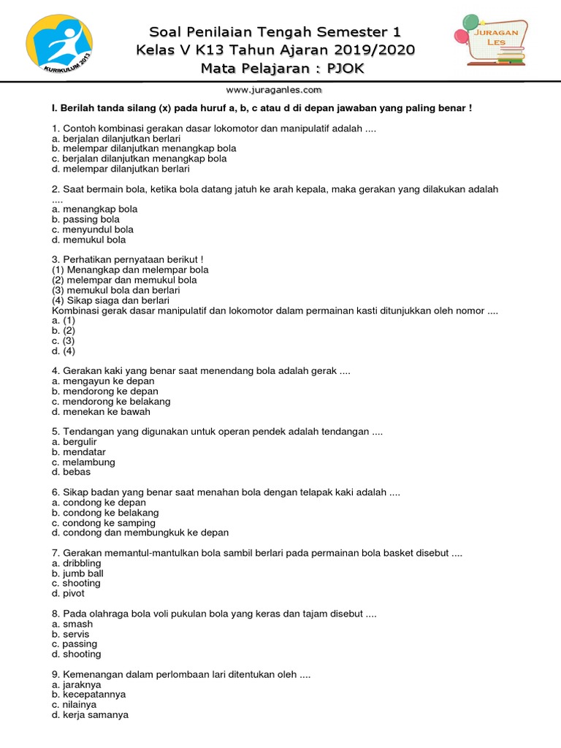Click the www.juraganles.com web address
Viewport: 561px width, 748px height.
274,90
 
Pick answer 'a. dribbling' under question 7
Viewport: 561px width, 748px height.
77,563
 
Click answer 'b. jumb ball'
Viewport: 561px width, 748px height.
77,573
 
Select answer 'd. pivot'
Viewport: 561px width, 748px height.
69,593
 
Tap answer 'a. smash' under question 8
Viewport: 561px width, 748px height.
72,625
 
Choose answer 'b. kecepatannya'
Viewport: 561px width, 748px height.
88,695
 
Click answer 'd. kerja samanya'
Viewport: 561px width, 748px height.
90,715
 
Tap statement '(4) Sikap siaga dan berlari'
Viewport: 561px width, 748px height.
110,300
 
